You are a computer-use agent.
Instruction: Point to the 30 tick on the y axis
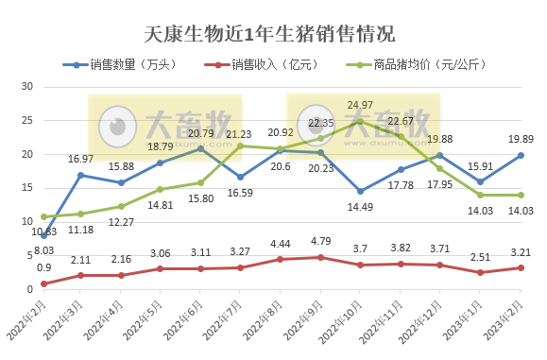(27, 86)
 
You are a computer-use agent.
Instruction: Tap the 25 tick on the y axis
(27, 120)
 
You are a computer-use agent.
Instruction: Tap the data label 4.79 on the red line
(321, 244)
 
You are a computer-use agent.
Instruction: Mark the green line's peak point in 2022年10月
(360, 121)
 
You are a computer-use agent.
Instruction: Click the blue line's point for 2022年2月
(44, 235)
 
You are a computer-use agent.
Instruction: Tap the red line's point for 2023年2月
(521, 267)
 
